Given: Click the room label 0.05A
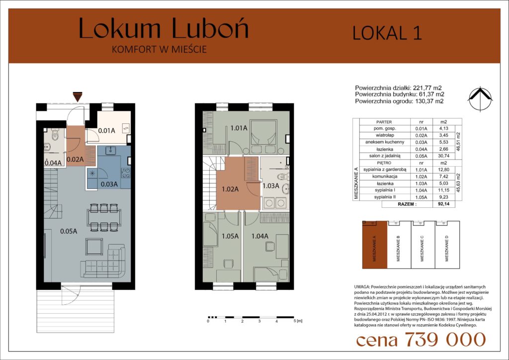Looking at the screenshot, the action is pos(69,231).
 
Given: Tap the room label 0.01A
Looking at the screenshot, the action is pos(106,131).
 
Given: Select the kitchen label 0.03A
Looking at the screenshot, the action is pos(109,184).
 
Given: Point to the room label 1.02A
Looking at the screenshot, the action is pos(230,189).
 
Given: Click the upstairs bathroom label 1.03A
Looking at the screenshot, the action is pos(271,186).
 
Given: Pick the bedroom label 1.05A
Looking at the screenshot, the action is pos(230,236).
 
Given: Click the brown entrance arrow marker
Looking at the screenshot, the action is pos(77,97).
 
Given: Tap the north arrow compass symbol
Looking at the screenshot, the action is pos(481,99).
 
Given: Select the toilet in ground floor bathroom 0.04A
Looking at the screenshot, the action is pos(55,135).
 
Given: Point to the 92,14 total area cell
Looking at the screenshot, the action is pos(443,204).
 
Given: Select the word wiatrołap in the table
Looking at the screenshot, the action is pos(385,135).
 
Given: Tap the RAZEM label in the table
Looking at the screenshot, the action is pos(407,204).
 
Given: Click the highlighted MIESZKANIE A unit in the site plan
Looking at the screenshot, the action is pos(375,245).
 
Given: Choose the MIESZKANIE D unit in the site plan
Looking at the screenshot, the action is pos(447,245).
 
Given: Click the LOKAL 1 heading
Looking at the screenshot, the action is pos(387,33).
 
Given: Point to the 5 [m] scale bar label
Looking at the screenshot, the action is pos(298,321).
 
